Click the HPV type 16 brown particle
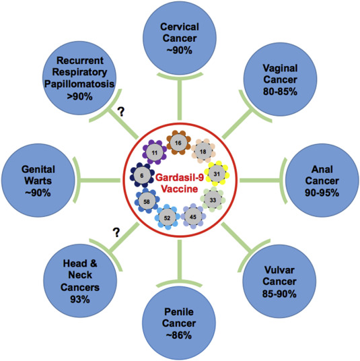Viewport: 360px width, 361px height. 178,143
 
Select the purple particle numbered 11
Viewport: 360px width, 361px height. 155,152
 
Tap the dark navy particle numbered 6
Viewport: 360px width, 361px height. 142,175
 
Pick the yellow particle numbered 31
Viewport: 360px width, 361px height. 217,174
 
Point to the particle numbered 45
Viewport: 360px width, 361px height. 193,217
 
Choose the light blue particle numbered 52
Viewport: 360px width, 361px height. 168,218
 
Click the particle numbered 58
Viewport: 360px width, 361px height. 147,201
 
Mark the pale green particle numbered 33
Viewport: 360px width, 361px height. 213,199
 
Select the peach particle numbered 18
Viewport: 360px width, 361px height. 203,152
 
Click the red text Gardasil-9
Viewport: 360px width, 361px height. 180,178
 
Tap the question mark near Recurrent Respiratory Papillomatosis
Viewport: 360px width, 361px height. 120,112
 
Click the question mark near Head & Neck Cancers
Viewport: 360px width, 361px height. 116,232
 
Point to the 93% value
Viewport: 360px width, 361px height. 80,299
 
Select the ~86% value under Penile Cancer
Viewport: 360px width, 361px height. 179,335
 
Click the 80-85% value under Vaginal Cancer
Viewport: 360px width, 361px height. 280,92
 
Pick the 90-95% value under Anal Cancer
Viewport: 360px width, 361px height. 322,193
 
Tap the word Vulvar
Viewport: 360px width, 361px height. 279,270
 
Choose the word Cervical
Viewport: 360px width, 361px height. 180,27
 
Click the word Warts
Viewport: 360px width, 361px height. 38,180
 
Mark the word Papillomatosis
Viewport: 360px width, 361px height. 79,84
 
